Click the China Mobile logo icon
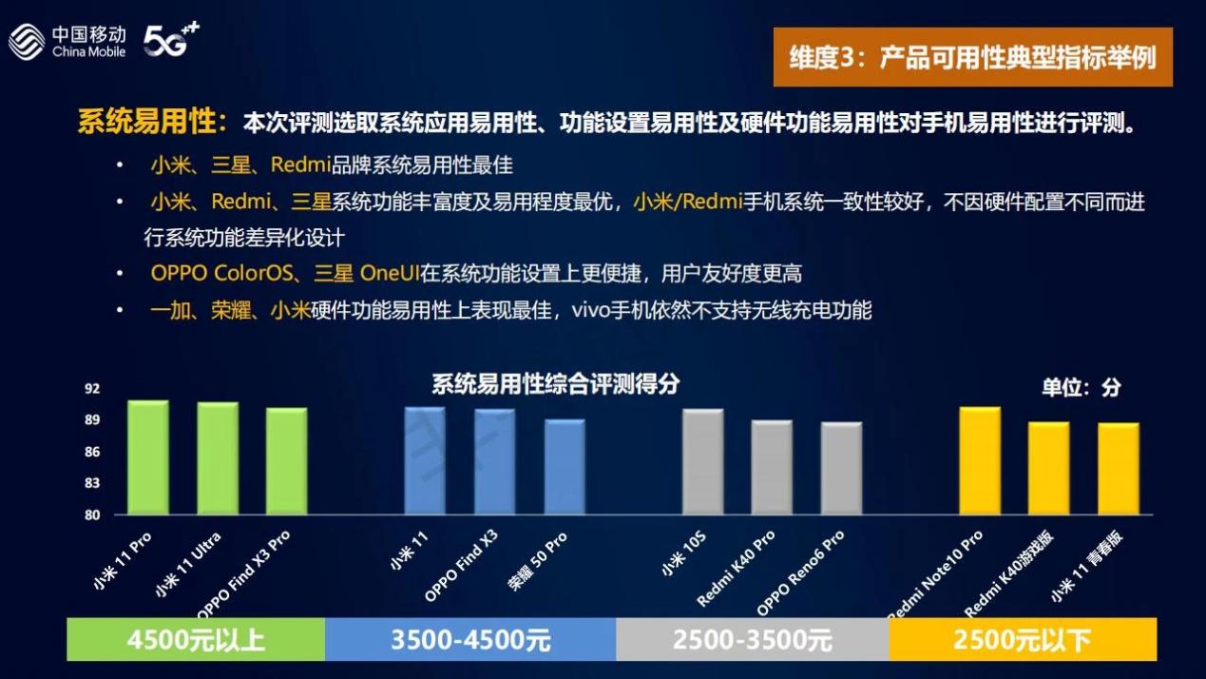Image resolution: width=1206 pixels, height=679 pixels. (x=27, y=42)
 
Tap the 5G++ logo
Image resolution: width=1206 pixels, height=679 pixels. (x=171, y=39)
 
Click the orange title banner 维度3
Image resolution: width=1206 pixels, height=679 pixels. (x=973, y=57)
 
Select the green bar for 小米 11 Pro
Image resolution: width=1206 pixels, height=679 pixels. (x=148, y=457)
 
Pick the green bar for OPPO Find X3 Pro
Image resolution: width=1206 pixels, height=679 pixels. (x=286, y=461)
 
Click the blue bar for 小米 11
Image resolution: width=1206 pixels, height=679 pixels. (x=425, y=460)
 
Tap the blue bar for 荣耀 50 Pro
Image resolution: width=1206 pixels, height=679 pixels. (x=565, y=467)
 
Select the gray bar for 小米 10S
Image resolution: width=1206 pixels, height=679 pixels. (x=703, y=462)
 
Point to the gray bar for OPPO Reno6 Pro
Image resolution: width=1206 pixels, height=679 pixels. (x=841, y=468)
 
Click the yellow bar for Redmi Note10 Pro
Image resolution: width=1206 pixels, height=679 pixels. (x=981, y=460)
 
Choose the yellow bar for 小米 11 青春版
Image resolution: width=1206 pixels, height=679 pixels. (x=1119, y=469)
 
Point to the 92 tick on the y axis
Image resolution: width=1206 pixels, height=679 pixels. (x=92, y=389)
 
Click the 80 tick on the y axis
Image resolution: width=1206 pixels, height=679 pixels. (x=92, y=514)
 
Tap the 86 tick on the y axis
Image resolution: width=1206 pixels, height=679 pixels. (x=92, y=452)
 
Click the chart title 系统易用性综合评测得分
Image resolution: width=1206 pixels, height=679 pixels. (x=556, y=384)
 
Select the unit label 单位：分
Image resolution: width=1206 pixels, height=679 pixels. (x=1082, y=387)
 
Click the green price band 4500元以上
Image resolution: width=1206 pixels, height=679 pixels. (x=196, y=640)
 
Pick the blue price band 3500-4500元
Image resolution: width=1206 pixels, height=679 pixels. (x=470, y=640)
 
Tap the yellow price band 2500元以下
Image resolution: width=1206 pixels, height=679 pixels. (x=1023, y=640)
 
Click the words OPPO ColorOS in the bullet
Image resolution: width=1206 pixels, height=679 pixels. (x=221, y=273)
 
